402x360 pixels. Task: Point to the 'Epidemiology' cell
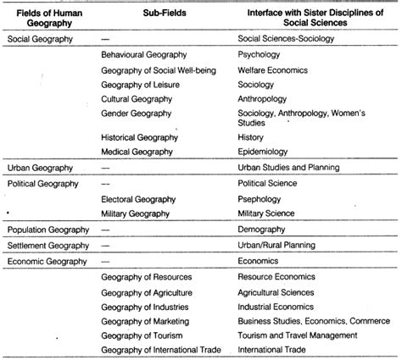point(265,152)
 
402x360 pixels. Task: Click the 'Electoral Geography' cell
point(138,199)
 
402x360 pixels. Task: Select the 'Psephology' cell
point(263,199)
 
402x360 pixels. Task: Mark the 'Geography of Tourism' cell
point(141,335)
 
